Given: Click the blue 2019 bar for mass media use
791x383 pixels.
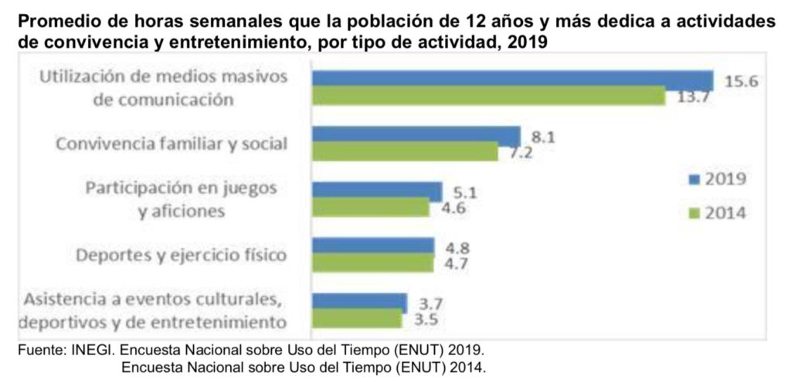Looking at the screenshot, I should click(x=511, y=80).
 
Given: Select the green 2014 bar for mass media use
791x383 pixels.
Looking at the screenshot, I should click(x=487, y=97).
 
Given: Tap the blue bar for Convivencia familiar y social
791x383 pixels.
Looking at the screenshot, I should click(x=416, y=135).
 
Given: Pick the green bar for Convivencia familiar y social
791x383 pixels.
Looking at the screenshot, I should click(x=405, y=151).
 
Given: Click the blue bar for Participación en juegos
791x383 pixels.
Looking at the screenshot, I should click(x=376, y=191).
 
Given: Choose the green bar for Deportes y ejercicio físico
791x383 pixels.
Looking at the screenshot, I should click(x=372, y=263).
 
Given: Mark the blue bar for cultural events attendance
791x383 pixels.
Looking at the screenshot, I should click(x=359, y=302).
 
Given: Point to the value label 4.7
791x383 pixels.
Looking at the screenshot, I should click(x=458, y=265).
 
